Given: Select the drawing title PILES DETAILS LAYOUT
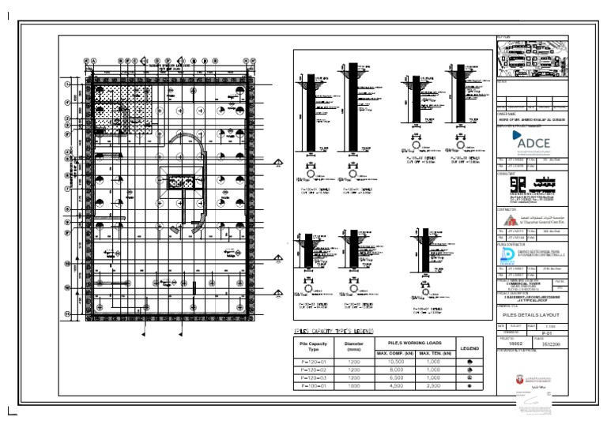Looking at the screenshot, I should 530,314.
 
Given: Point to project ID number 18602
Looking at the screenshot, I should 515,345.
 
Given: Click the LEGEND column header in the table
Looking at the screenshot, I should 470,347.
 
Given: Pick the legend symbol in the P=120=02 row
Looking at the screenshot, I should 470,370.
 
